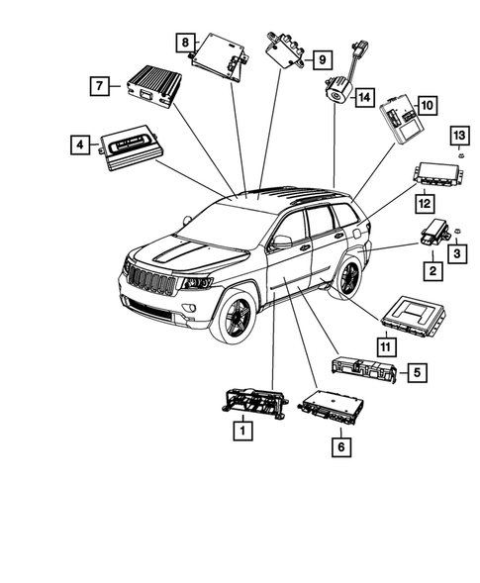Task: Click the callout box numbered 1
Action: pos(239,431)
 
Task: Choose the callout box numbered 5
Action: pos(419,372)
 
